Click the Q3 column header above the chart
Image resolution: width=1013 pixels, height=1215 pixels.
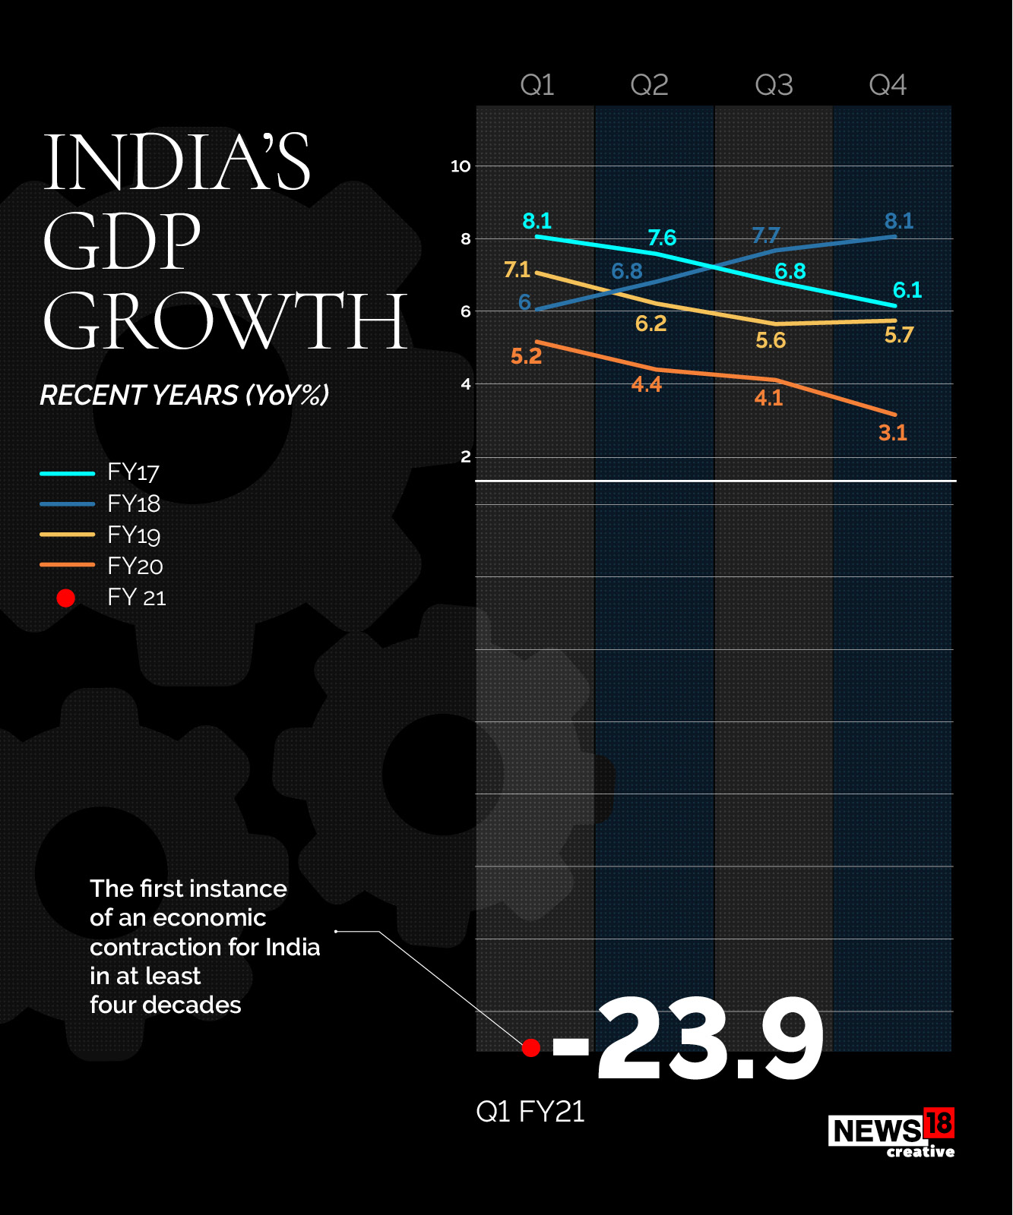click(x=774, y=85)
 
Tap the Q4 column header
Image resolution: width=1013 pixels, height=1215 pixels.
click(x=888, y=85)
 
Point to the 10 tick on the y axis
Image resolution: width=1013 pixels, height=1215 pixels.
click(x=461, y=166)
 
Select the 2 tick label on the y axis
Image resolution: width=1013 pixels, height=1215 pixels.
click(x=466, y=456)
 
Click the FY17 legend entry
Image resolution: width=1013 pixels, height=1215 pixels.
click(x=133, y=472)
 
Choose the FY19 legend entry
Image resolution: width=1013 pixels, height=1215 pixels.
click(x=134, y=535)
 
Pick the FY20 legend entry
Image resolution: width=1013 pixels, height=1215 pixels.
click(x=135, y=566)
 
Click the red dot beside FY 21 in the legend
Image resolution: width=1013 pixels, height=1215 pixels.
click(x=66, y=598)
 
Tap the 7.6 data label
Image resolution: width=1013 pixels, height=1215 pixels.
click(x=662, y=238)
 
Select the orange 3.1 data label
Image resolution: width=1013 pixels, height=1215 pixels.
click(x=893, y=434)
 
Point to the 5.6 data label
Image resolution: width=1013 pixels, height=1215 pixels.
click(x=771, y=341)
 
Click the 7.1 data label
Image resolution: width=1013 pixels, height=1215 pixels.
click(x=517, y=270)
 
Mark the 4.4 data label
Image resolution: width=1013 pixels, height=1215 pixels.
click(x=647, y=385)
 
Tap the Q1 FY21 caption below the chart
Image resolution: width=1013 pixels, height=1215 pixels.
click(x=530, y=1112)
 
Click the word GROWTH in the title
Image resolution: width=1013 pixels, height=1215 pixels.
click(x=225, y=322)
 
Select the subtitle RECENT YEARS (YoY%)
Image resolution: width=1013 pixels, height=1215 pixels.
click(x=185, y=396)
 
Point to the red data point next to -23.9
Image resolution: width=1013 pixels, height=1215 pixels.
click(x=531, y=1048)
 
